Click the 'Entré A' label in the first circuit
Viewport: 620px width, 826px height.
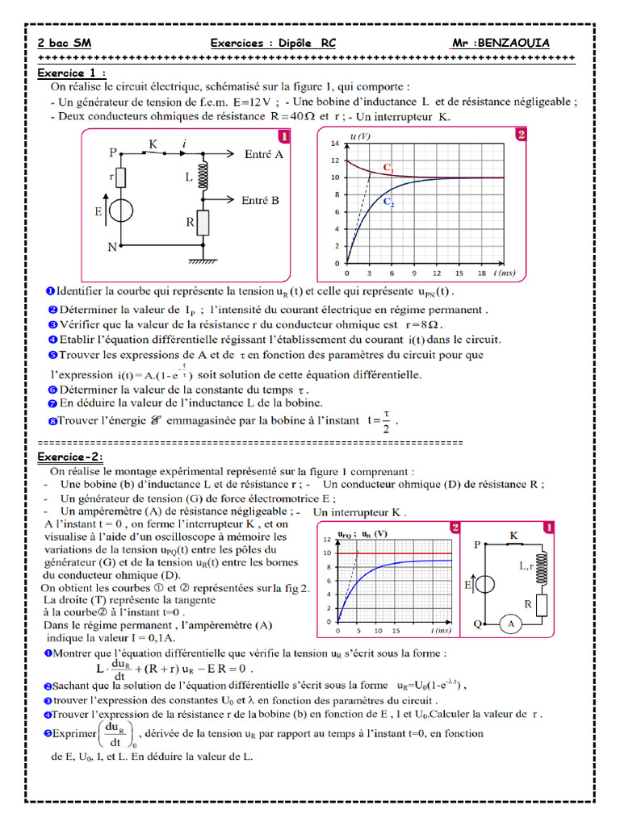point(262,153)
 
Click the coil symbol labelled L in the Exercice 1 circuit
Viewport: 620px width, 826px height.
point(203,173)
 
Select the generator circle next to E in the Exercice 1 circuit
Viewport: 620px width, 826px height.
point(122,211)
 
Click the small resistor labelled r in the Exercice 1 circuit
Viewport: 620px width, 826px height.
point(122,177)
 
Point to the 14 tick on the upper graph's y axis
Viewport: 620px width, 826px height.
point(335,141)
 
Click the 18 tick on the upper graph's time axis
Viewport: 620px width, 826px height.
point(481,273)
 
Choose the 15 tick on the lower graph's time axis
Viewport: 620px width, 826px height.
point(396,630)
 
